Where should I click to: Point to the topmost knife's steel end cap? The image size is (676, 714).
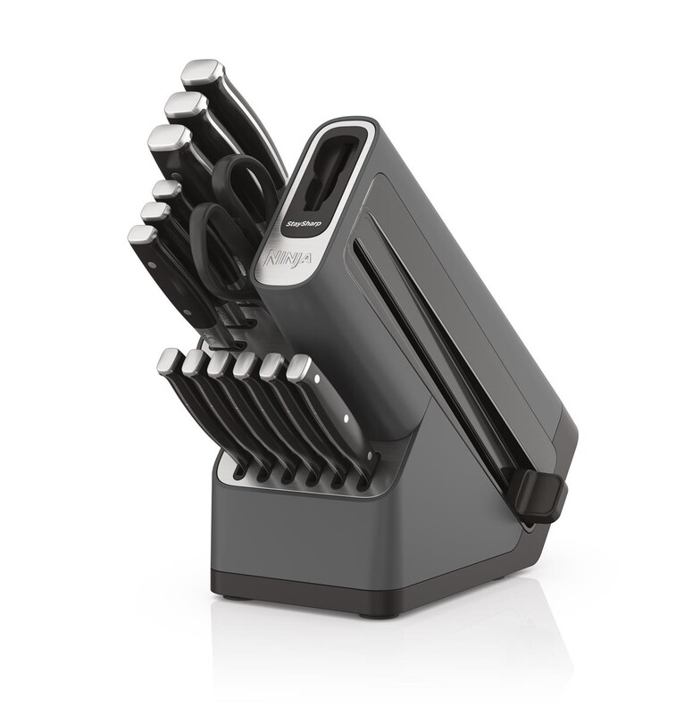(201, 72)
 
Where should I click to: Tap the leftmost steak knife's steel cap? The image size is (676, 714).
(168, 360)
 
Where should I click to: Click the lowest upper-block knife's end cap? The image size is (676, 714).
(143, 238)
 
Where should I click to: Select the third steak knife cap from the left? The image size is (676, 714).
(220, 362)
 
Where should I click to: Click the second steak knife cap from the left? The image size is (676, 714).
(195, 361)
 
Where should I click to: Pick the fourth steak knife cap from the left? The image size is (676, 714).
(246, 364)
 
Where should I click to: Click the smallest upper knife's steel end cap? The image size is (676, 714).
(163, 189)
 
